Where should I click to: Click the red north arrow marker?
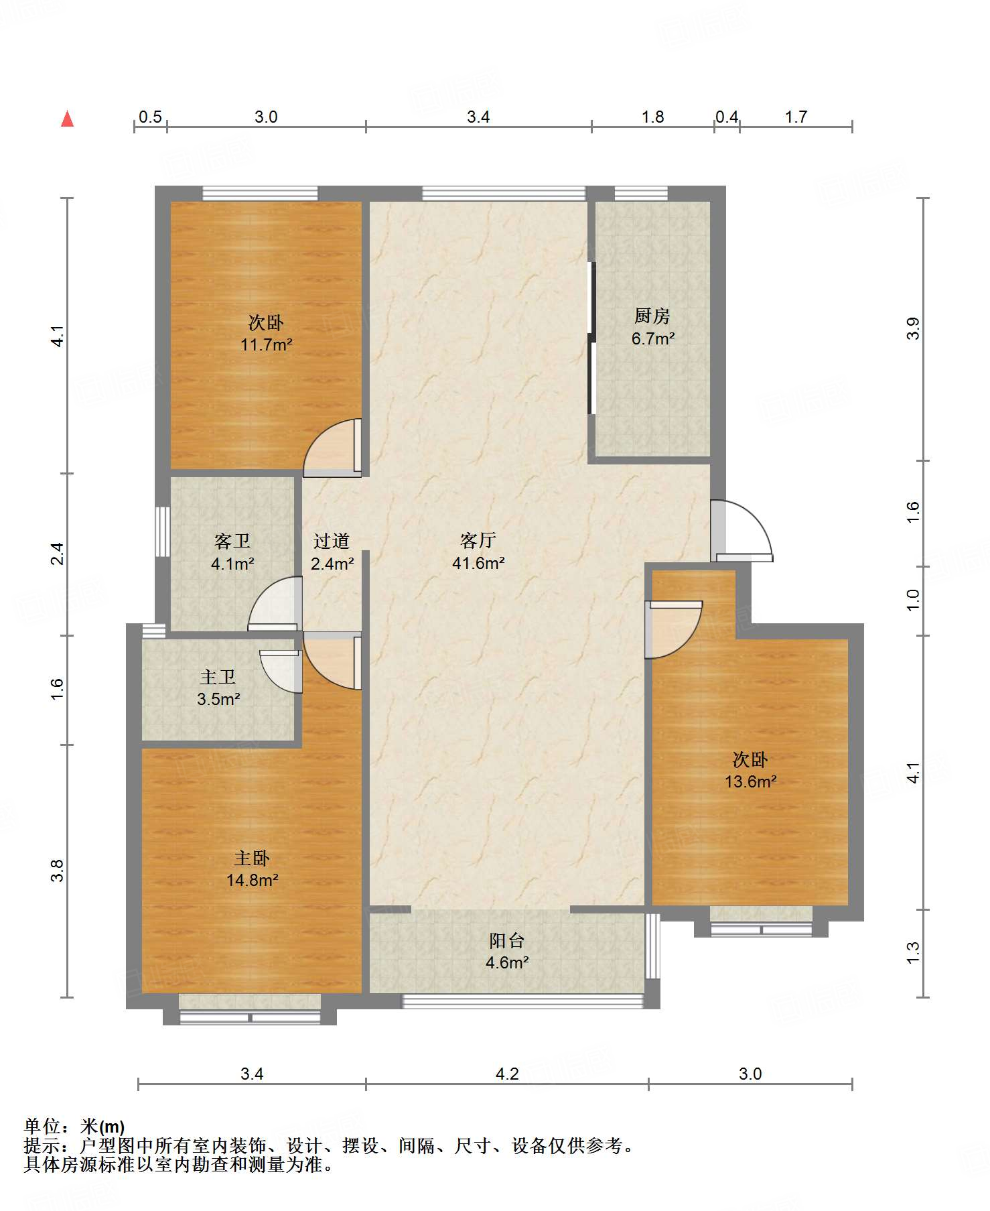click(x=67, y=119)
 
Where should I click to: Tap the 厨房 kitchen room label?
click(x=652, y=316)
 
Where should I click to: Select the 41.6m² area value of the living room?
click(x=478, y=563)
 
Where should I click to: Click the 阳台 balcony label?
click(x=506, y=940)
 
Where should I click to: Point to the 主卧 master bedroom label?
click(x=252, y=858)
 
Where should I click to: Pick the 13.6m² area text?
click(x=750, y=781)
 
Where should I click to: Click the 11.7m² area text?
click(x=267, y=345)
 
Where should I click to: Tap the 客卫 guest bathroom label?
click(x=232, y=541)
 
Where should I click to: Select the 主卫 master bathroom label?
click(x=218, y=677)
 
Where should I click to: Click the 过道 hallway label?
click(x=332, y=541)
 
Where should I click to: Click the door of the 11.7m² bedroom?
click(x=332, y=448)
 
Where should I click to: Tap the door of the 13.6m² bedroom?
click(x=673, y=630)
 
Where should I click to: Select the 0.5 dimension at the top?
click(x=150, y=117)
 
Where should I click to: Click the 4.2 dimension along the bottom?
click(x=507, y=1074)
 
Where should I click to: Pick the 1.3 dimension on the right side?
click(x=913, y=953)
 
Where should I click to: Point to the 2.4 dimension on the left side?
click(x=58, y=554)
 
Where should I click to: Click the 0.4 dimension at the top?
click(x=727, y=117)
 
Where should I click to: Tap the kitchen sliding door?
click(x=591, y=338)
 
